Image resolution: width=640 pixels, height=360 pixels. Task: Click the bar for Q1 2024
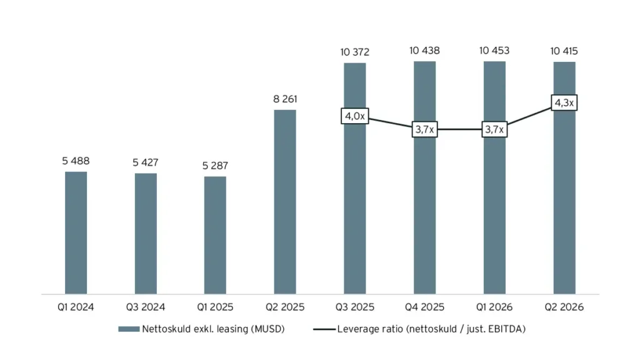pos(76,232)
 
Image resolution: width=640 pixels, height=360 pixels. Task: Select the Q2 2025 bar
pos(285,202)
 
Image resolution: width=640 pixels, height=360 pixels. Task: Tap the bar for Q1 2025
pos(215,235)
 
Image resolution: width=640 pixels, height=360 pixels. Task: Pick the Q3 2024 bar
pos(146,234)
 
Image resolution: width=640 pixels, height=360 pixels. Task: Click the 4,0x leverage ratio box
pos(355,116)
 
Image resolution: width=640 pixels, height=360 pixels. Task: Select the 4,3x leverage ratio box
pos(564,102)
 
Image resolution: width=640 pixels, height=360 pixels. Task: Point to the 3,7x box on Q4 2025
pos(424,129)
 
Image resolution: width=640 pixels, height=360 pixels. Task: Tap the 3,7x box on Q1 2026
pos(494,129)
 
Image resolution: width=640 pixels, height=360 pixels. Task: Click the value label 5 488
pos(76,161)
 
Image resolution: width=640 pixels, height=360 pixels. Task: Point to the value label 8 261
pos(285,99)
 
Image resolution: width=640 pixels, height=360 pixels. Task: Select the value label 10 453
pos(494,51)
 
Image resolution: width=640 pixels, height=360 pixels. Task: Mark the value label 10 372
pos(355,52)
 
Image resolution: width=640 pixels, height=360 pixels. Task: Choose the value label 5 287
pos(215,165)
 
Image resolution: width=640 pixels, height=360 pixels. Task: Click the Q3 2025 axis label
pos(355,307)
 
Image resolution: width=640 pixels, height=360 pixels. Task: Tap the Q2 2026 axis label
pos(564,307)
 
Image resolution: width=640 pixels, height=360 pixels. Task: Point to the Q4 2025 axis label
pos(424,307)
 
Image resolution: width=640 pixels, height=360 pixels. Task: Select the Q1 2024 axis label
pos(76,307)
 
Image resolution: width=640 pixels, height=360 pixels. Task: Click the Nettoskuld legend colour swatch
pos(129,329)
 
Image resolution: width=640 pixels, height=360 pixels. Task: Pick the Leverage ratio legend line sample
pos(324,329)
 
